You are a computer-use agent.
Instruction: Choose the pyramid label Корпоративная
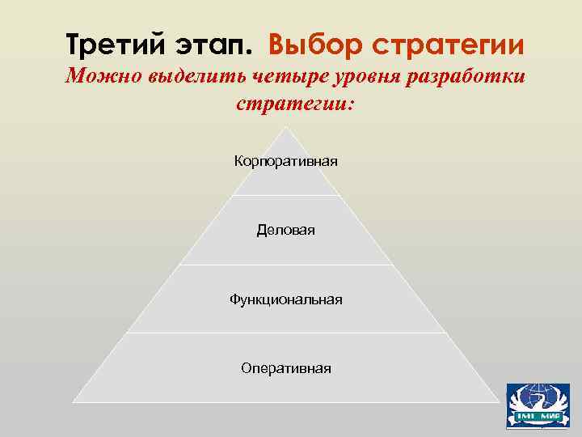coord(286,161)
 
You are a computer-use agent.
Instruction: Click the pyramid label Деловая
coord(286,231)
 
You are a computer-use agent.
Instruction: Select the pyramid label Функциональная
coord(286,299)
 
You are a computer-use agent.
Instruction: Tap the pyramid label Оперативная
coord(286,368)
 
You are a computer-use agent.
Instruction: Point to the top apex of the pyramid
coord(286,127)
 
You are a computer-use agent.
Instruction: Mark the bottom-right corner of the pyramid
coord(499,401)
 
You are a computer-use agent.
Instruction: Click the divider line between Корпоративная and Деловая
coord(286,195)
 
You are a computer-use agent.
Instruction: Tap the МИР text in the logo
coord(548,418)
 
